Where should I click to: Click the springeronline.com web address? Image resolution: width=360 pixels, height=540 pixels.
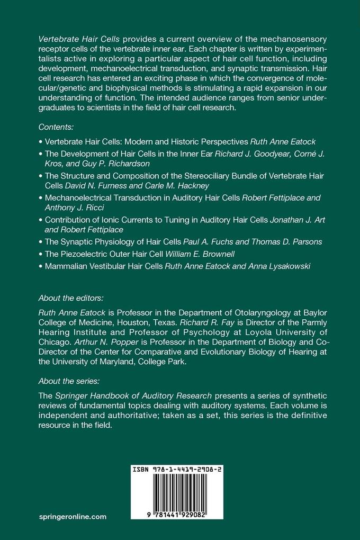pos(73,516)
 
